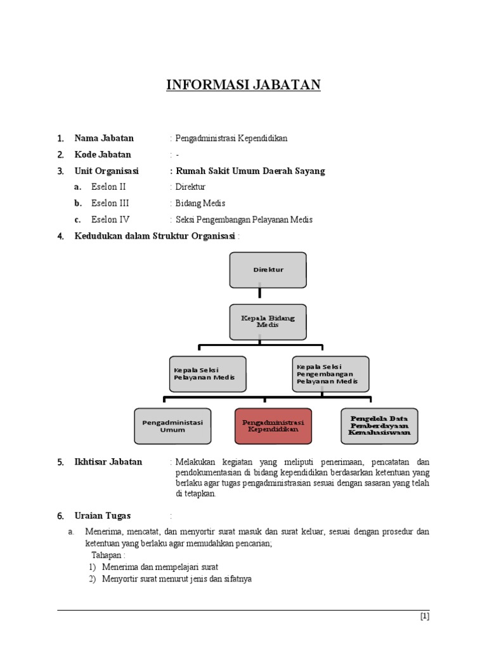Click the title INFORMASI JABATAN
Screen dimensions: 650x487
[x=243, y=85]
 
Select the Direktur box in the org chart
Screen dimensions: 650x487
[x=268, y=270]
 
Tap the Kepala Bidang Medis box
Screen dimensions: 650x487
[x=268, y=322]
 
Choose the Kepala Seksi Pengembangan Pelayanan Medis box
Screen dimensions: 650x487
[x=330, y=373]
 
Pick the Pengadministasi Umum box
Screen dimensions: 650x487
[x=172, y=426]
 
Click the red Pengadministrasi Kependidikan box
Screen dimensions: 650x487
[x=273, y=426]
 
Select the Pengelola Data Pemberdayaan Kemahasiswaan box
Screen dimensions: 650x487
[x=379, y=426]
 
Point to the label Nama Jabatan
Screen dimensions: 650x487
[x=104, y=138]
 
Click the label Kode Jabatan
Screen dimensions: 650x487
[x=103, y=155]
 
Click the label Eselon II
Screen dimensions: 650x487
[x=108, y=187]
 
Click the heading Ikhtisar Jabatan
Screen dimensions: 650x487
[x=108, y=462]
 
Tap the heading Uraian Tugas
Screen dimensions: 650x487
[x=103, y=516]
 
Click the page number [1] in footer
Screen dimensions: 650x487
[x=425, y=616]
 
